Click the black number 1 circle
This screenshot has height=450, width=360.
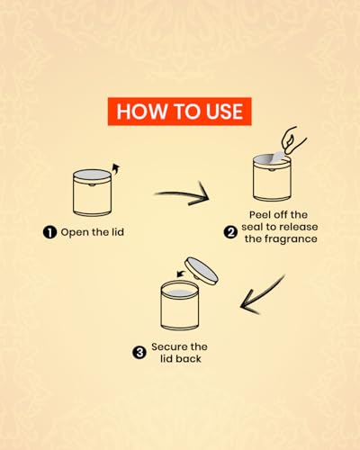[49, 232]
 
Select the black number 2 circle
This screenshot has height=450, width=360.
[230, 232]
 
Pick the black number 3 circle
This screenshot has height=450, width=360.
[139, 353]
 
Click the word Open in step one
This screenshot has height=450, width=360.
[74, 232]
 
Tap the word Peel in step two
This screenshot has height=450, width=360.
[260, 215]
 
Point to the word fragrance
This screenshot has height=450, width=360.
[291, 239]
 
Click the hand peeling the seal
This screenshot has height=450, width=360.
[292, 140]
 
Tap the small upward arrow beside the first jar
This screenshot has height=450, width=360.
[115, 169]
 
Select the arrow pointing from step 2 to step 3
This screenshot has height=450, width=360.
[264, 295]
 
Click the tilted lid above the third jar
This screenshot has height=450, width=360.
[202, 271]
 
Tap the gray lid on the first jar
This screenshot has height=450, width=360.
[92, 175]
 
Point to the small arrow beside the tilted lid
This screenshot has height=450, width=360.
[181, 274]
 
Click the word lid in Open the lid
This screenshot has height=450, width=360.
[118, 232]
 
